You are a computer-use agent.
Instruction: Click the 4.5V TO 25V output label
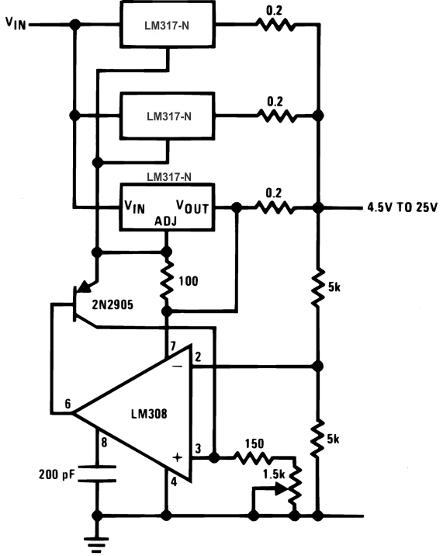[402, 207]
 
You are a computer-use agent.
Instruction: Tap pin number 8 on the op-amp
[105, 443]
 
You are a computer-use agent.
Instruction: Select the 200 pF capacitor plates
[97, 473]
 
